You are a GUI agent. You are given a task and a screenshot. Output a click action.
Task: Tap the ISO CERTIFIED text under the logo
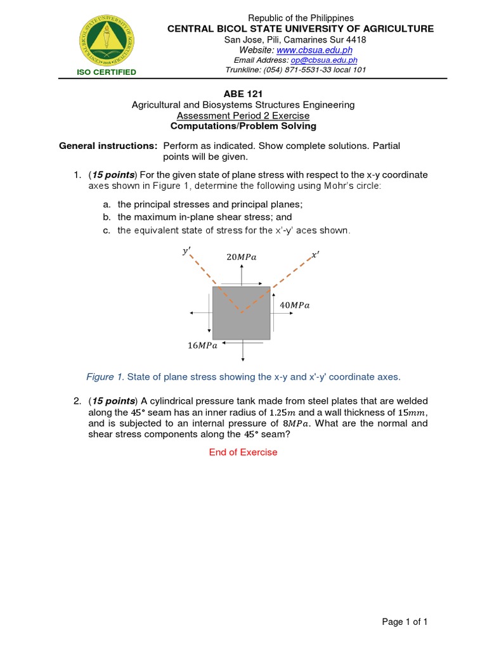pyautogui.click(x=107, y=72)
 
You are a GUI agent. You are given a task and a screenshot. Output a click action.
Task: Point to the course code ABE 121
pyautogui.click(x=243, y=94)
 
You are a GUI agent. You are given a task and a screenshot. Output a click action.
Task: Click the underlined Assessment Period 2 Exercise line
pyautogui.click(x=243, y=115)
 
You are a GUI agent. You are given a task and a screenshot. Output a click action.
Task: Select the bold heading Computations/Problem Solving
pyautogui.click(x=243, y=126)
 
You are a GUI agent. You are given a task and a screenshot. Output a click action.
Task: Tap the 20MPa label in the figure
pyautogui.click(x=241, y=257)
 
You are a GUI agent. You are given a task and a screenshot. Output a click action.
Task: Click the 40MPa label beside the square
pyautogui.click(x=295, y=305)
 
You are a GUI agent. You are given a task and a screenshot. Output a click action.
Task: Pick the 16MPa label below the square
pyautogui.click(x=202, y=345)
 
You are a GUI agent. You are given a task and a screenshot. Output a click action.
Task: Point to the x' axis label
pyautogui.click(x=315, y=255)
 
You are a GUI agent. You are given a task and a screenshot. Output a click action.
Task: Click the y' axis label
pyautogui.click(x=186, y=251)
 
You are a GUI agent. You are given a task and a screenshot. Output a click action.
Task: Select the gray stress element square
pyautogui.click(x=241, y=313)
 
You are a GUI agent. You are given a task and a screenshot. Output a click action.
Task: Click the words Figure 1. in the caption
pyautogui.click(x=105, y=377)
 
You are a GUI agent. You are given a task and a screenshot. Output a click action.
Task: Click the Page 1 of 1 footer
pyautogui.click(x=405, y=622)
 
